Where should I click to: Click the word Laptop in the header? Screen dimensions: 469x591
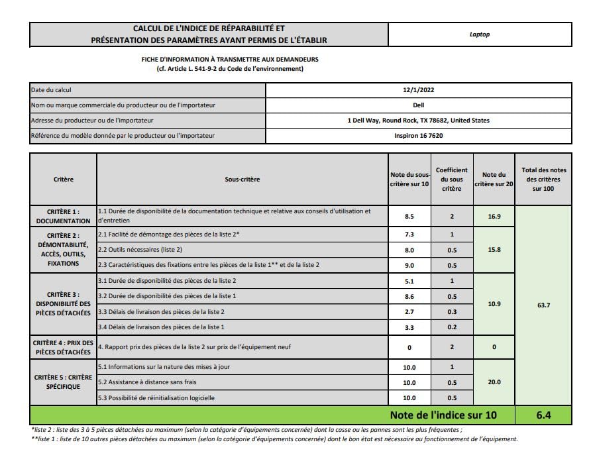coord(479,34)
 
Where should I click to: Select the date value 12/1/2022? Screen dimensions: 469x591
coord(418,90)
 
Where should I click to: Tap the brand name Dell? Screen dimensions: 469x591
coord(418,105)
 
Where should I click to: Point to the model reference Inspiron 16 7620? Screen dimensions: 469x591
coord(418,136)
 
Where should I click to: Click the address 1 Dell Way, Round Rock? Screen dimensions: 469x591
coord(418,121)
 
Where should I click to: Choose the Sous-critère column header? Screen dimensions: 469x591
coord(242,180)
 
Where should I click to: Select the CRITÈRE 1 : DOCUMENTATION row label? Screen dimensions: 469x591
coord(63,216)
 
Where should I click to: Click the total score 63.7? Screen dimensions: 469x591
coord(545,305)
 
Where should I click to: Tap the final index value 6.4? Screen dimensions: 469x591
coord(545,416)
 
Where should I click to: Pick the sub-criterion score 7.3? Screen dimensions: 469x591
coord(409,234)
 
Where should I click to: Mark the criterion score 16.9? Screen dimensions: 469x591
coord(494,216)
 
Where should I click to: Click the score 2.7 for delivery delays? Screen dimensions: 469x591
coord(409,311)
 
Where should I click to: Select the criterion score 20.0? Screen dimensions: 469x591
coord(494,382)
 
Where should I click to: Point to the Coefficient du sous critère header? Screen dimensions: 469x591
coord(451,180)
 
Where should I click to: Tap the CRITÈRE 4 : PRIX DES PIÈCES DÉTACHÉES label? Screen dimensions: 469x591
coord(63,347)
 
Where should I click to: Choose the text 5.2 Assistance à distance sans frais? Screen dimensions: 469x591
coord(147,382)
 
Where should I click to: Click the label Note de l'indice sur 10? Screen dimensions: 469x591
coord(442,416)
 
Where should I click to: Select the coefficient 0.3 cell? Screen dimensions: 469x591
coord(451,311)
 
